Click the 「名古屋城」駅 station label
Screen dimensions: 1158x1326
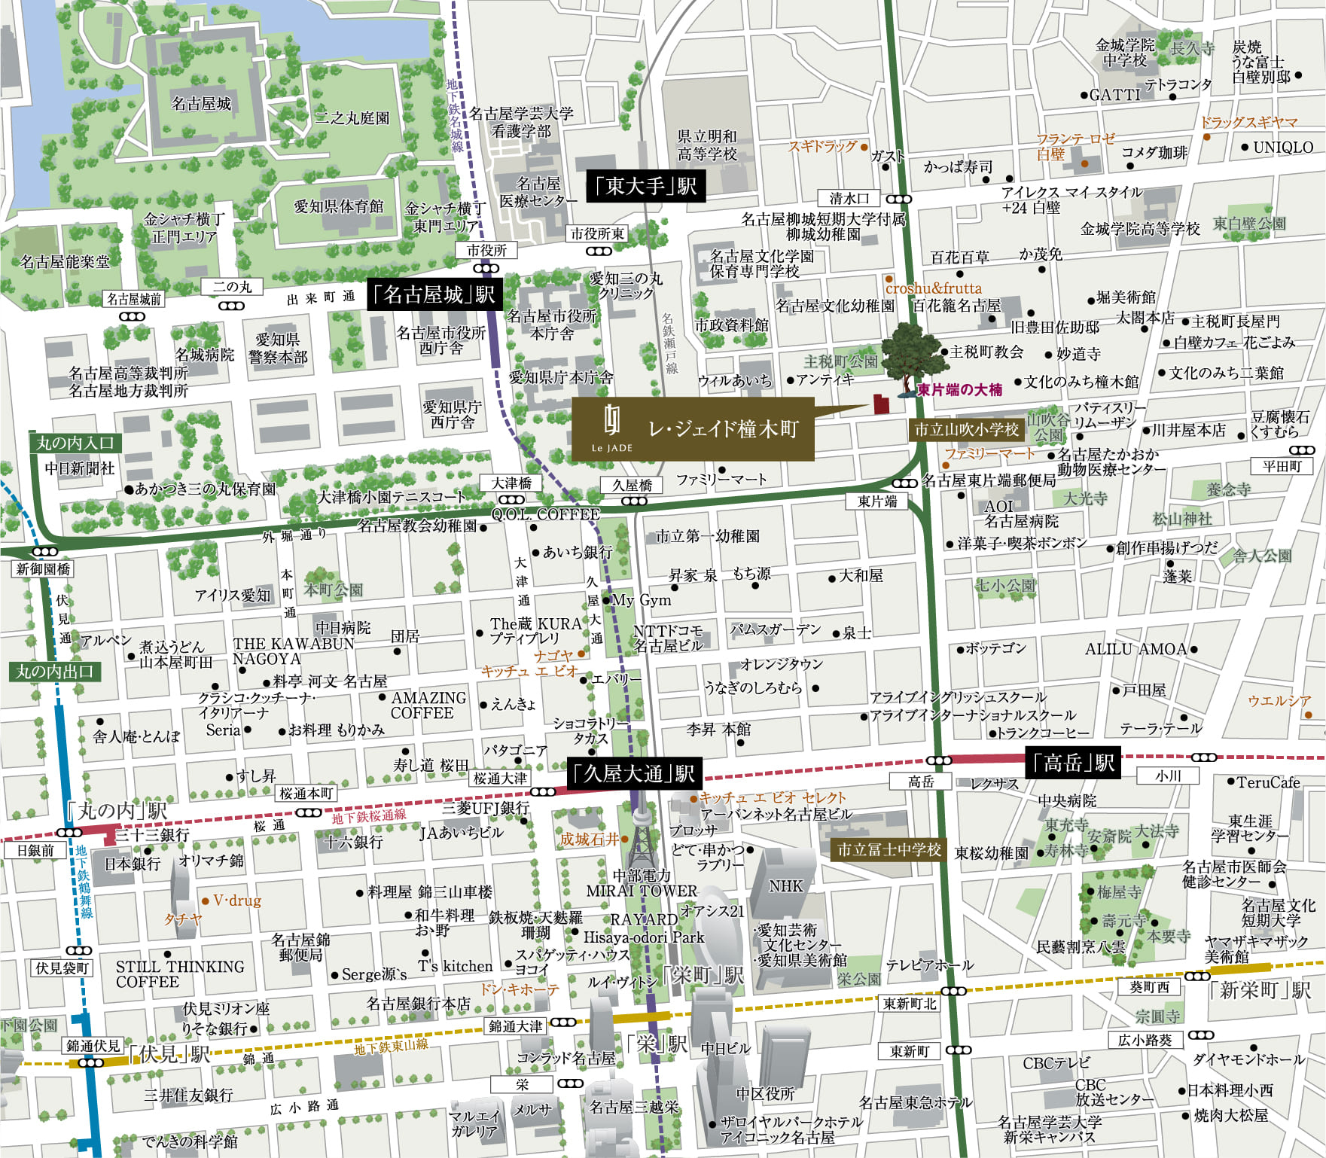434,294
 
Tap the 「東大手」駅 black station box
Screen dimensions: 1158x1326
646,185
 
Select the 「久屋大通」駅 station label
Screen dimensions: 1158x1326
634,773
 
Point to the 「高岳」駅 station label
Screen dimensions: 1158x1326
1073,763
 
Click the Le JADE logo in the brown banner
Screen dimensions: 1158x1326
611,427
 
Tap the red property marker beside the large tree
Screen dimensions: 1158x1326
880,404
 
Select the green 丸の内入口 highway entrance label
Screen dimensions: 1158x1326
75,443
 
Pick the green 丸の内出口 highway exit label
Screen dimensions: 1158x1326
54,671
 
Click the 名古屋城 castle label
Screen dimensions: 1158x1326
201,103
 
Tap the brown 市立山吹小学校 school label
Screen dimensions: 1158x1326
966,429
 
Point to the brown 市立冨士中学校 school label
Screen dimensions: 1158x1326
889,849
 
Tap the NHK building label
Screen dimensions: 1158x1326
785,886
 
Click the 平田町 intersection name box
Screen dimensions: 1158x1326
1282,466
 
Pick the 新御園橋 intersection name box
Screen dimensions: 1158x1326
43,569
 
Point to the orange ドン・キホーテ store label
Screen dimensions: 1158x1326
519,989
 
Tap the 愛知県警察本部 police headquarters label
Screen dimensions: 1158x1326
278,348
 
